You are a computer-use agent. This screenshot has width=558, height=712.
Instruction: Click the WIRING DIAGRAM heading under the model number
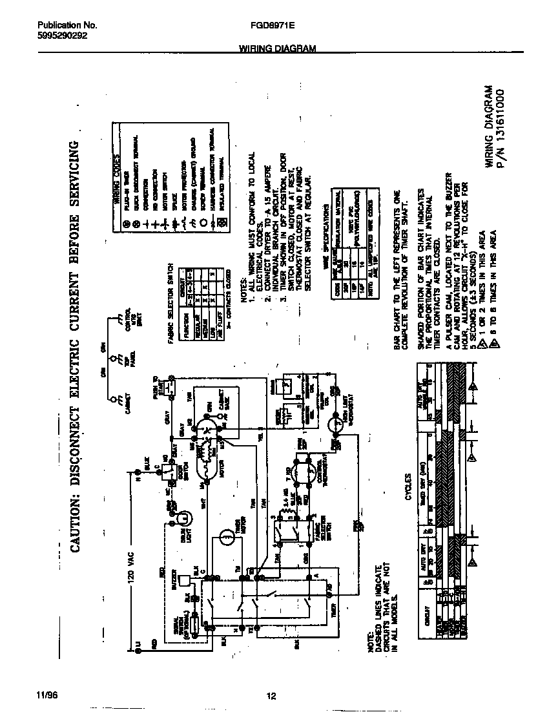(278, 48)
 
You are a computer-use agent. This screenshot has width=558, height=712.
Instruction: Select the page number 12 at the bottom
(271, 696)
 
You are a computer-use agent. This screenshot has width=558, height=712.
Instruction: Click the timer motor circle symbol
(226, 536)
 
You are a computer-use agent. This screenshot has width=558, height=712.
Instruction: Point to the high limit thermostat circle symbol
(336, 425)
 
